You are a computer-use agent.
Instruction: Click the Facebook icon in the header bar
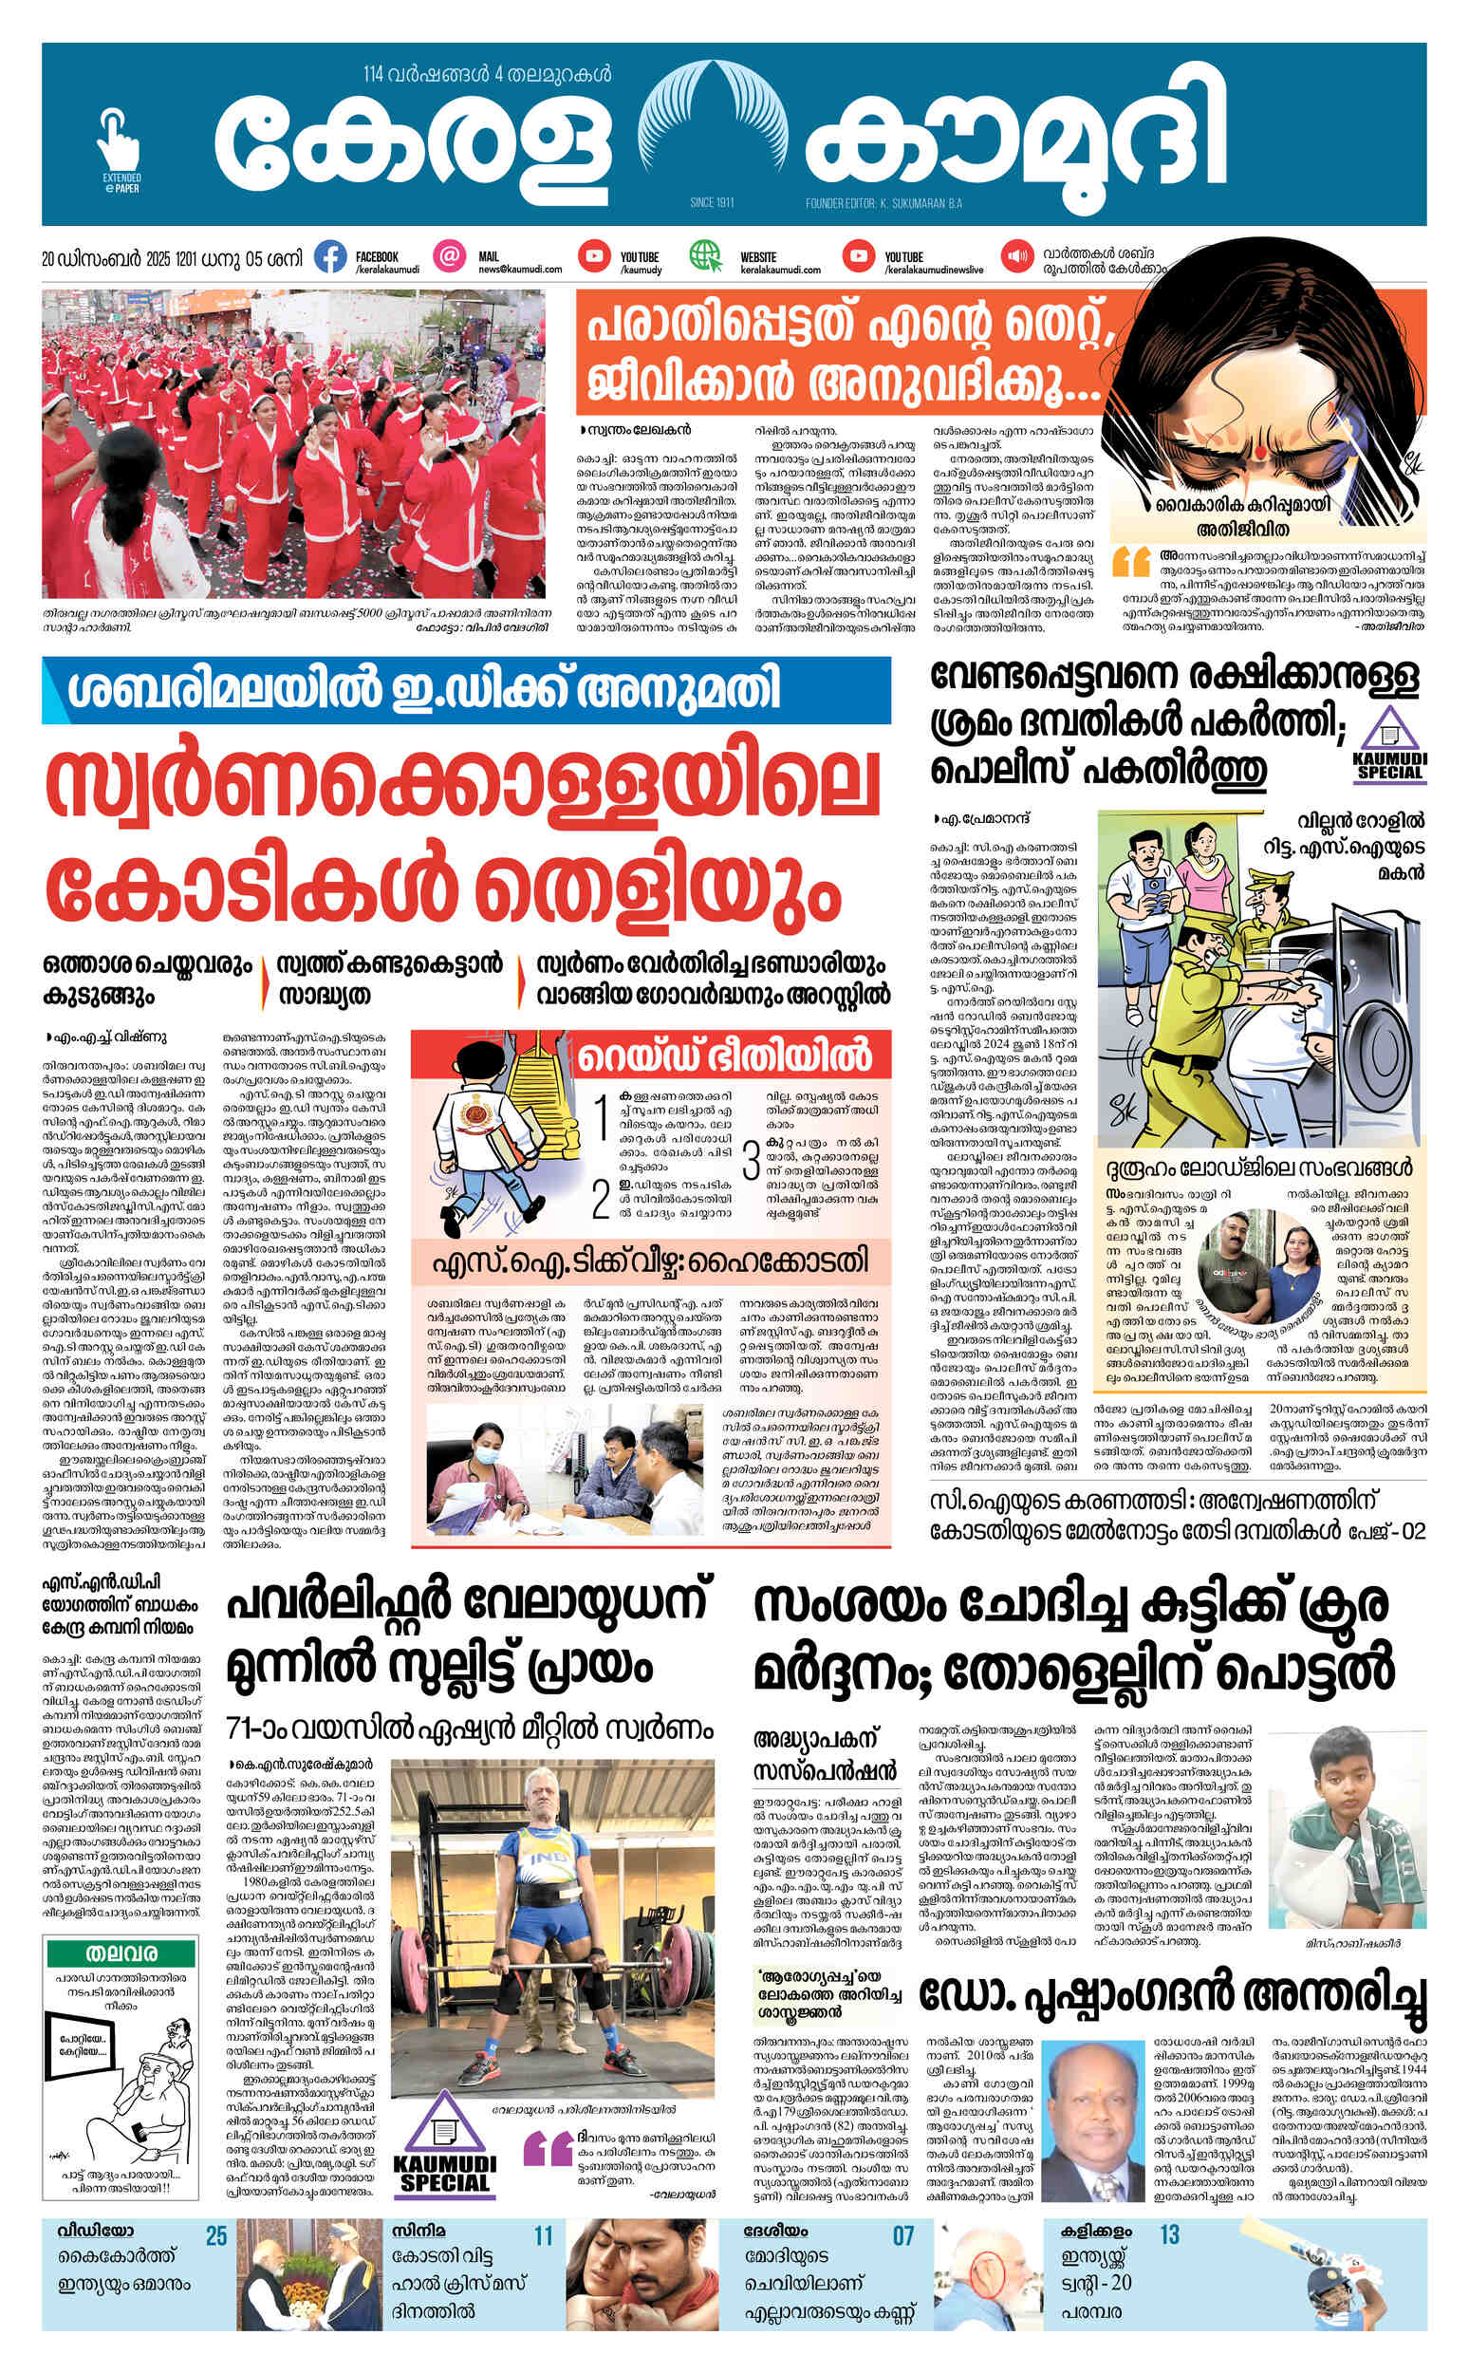click(x=330, y=257)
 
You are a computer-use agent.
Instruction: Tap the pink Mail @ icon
click(x=448, y=257)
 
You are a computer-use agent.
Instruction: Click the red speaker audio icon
click(x=1017, y=257)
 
